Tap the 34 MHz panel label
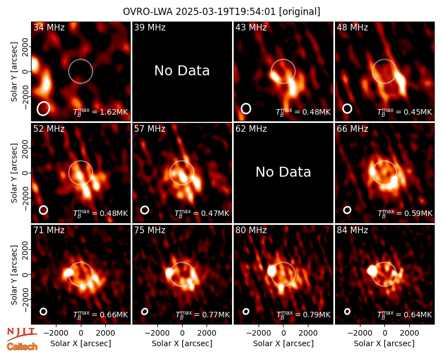click(49, 27)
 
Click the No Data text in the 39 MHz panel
click(182, 71)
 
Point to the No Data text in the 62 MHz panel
click(283, 172)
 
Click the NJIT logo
click(22, 334)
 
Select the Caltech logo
click(22, 347)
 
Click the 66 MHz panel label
click(352, 129)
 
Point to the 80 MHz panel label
click(251, 230)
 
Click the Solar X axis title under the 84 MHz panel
click(384, 343)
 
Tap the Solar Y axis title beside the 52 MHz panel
click(14, 173)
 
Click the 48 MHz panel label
click(352, 27)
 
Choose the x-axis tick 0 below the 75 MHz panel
click(182, 333)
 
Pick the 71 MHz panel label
click(49, 230)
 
